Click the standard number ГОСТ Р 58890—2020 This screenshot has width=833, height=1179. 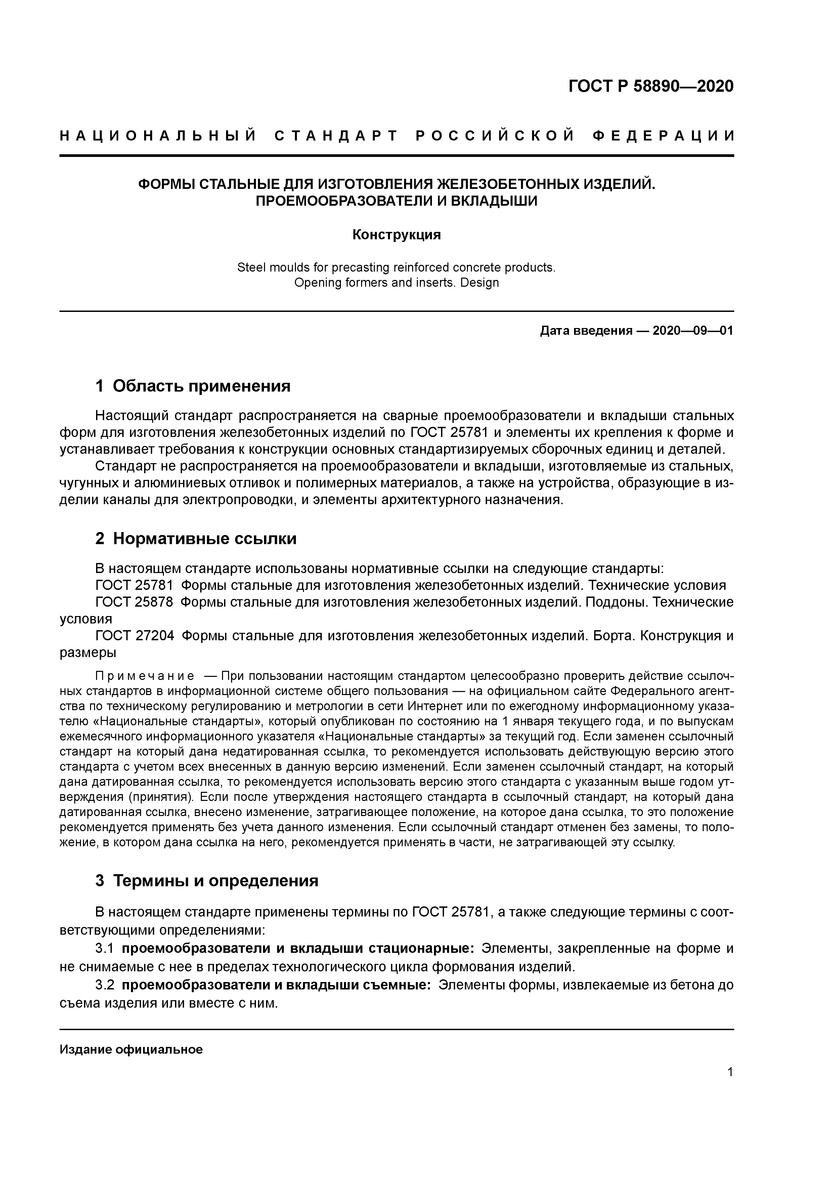tap(651, 86)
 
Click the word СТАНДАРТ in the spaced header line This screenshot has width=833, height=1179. tap(336, 136)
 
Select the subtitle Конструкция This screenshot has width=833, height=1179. tap(396, 235)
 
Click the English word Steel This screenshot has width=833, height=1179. tap(250, 268)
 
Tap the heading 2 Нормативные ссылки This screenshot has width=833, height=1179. tap(196, 539)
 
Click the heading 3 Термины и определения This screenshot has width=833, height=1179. tap(207, 881)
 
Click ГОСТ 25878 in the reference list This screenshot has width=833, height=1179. tap(134, 602)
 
